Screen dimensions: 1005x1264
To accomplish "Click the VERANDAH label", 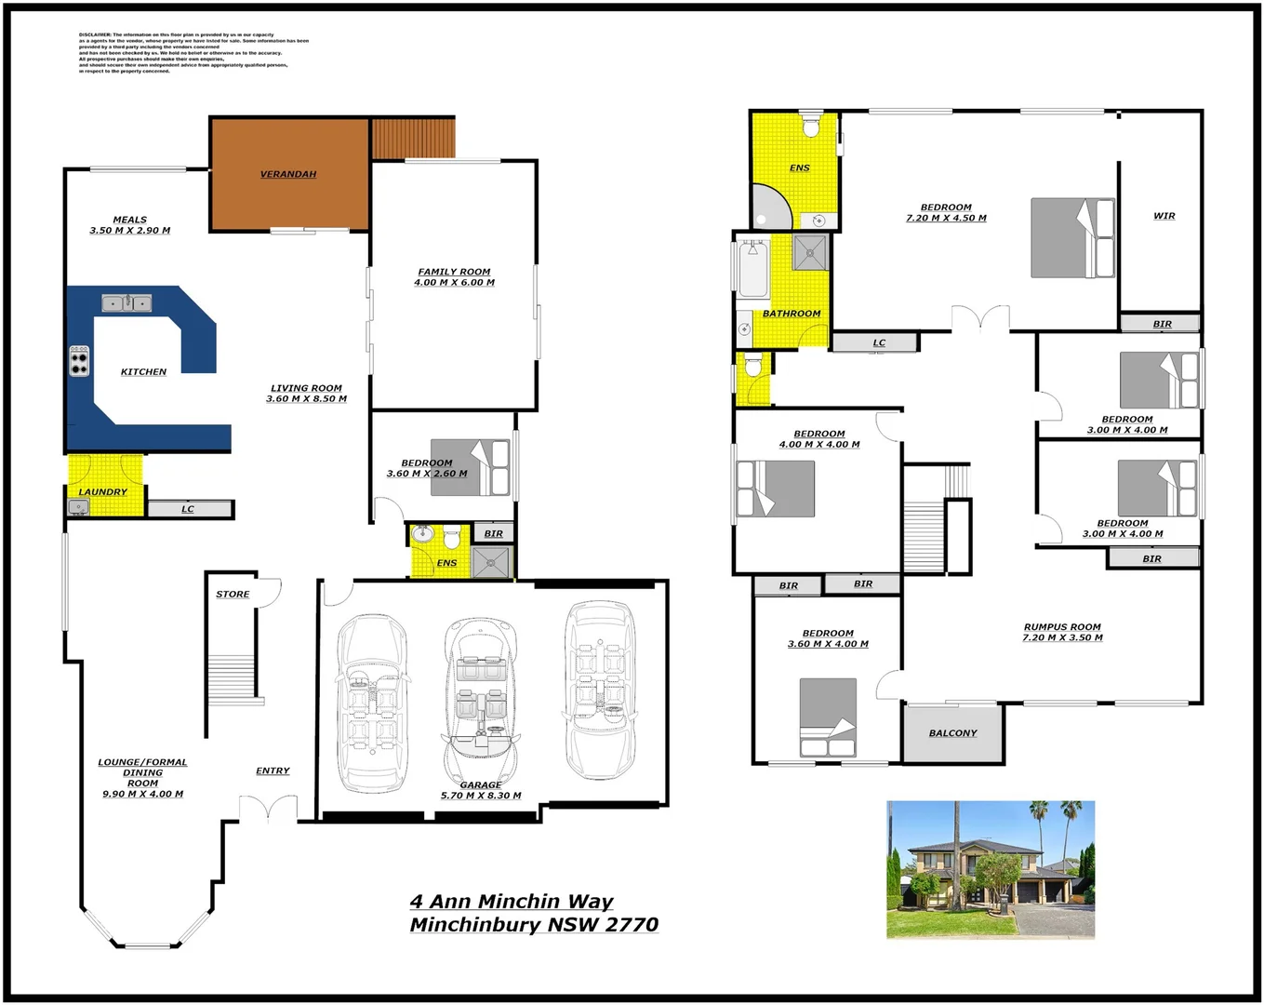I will point(287,174).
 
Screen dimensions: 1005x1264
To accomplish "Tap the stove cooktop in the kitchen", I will point(80,360).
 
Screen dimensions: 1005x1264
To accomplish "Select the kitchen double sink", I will point(126,302).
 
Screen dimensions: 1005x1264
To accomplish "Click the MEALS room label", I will point(130,221).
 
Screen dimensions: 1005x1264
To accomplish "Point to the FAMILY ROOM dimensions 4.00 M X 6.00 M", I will point(454,283).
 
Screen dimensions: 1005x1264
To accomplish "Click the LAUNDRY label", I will point(102,491).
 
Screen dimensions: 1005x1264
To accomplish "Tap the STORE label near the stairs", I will point(233,594).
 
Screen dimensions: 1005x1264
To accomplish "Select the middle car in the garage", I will point(480,703).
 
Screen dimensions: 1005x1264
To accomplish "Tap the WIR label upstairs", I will point(1164,216).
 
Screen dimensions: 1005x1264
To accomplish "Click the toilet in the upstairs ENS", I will point(810,126).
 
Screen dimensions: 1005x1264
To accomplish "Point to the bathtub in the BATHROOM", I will point(752,268).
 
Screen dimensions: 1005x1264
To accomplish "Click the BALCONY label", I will point(952,733).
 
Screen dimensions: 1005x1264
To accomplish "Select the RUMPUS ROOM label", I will point(1062,627).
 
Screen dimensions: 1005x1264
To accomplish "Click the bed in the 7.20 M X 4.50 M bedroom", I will point(1071,238).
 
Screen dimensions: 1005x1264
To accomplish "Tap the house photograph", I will point(990,869).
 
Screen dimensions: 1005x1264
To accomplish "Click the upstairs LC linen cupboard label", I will point(878,342).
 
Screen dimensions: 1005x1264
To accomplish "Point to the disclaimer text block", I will point(193,53).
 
